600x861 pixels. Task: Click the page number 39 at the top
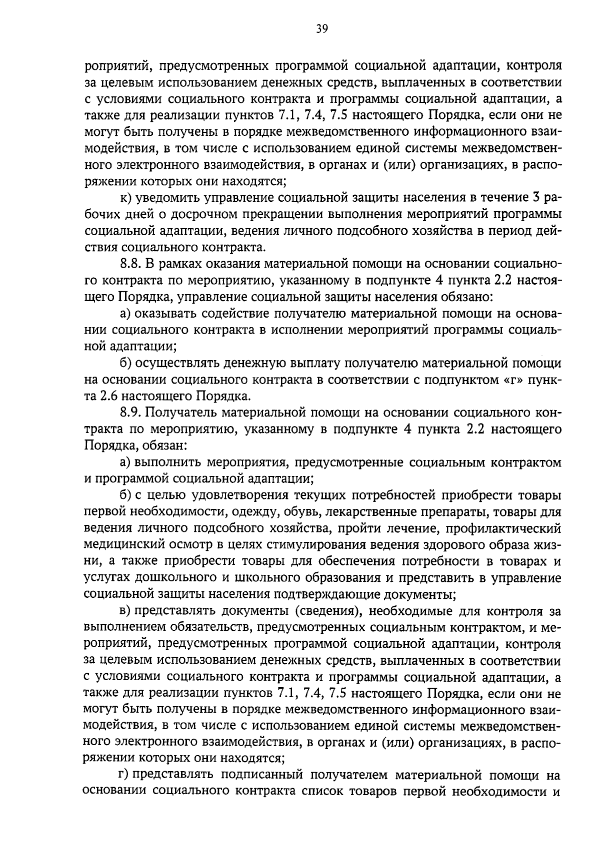click(321, 28)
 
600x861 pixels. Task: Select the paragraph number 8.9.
click(131, 413)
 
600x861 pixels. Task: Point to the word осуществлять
click(179, 363)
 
